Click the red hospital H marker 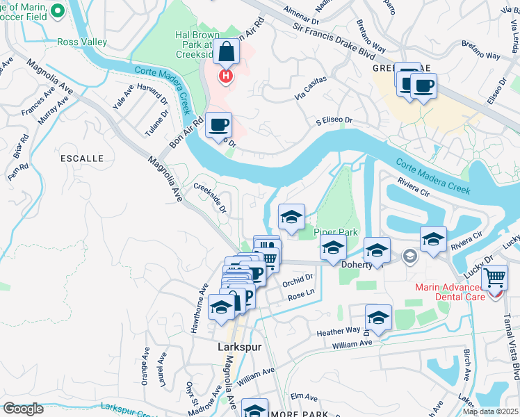(x=225, y=76)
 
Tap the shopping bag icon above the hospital (x=227, y=51)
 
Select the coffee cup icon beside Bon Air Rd (x=218, y=124)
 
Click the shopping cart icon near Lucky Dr (x=494, y=277)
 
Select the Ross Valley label (x=82, y=42)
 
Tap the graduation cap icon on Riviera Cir (x=433, y=239)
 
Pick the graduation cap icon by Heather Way (x=378, y=317)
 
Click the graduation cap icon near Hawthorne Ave (x=221, y=306)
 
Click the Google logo (x=23, y=409)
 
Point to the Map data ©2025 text (x=489, y=411)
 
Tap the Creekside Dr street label (x=211, y=199)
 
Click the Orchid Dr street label (x=299, y=277)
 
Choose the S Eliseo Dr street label (x=334, y=120)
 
